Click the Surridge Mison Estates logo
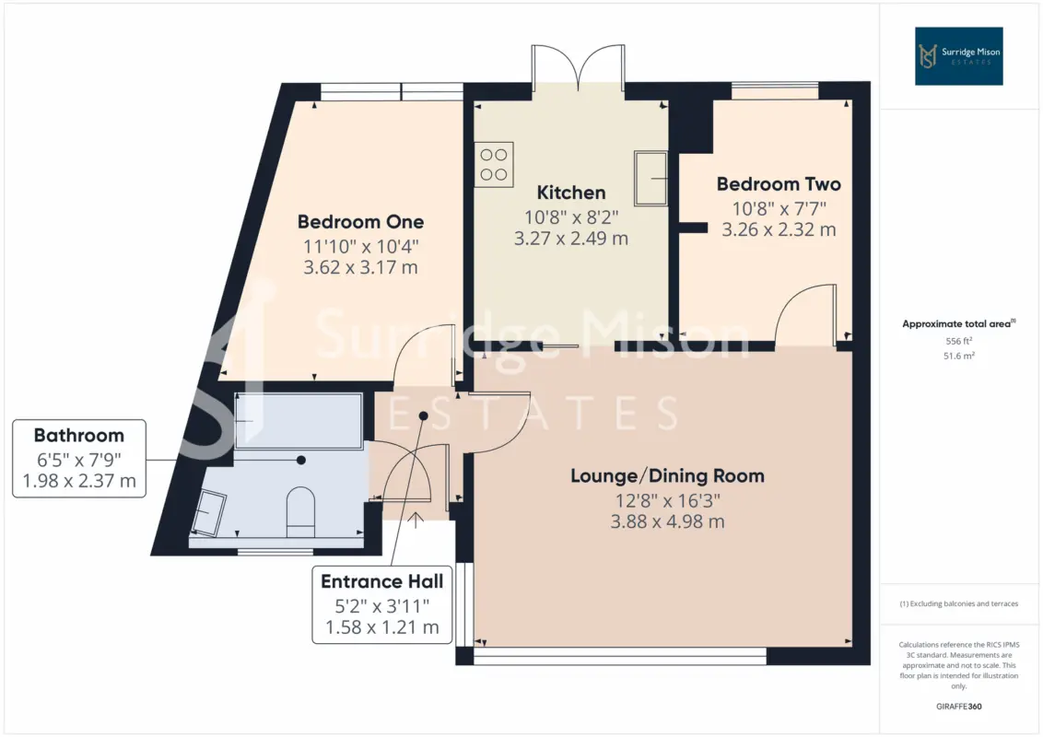pyautogui.click(x=958, y=56)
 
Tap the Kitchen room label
pyautogui.click(x=570, y=193)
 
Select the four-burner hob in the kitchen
pyautogui.click(x=494, y=164)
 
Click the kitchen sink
pyautogui.click(x=650, y=179)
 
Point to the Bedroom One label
pyautogui.click(x=360, y=221)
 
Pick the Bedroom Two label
pyautogui.click(x=779, y=184)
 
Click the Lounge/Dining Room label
pyautogui.click(x=667, y=476)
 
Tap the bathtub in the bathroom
pyautogui.click(x=299, y=420)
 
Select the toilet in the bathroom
pyautogui.click(x=300, y=511)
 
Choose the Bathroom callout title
pyautogui.click(x=79, y=436)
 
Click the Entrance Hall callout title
pyautogui.click(x=381, y=582)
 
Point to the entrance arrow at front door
pyautogui.click(x=416, y=520)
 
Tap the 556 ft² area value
pyautogui.click(x=958, y=341)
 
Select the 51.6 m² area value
pyautogui.click(x=958, y=356)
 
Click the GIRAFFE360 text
pyautogui.click(x=958, y=707)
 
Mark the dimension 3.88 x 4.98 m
pyautogui.click(x=667, y=521)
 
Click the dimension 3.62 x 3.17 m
pyautogui.click(x=360, y=267)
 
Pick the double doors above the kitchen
pyautogui.click(x=578, y=66)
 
